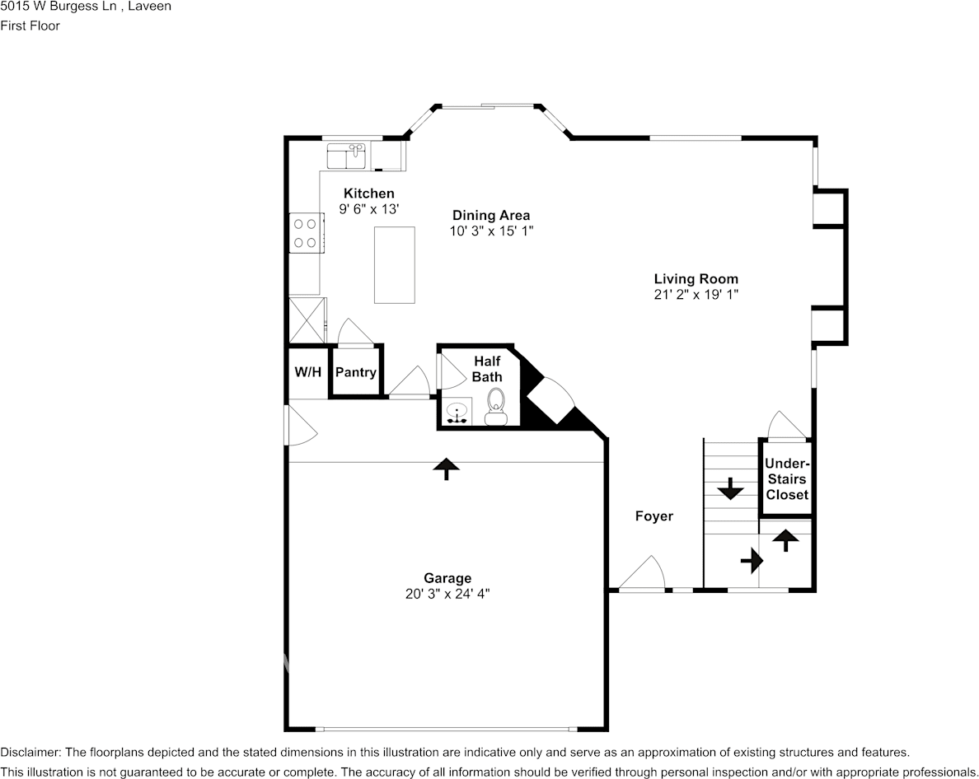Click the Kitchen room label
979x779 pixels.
368,194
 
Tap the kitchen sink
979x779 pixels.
346,155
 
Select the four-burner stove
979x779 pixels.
306,232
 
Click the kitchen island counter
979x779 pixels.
394,265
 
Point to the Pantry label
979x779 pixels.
356,372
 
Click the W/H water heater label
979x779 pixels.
307,372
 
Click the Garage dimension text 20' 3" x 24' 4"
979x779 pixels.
447,594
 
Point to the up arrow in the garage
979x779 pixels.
447,468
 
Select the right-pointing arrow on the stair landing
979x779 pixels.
752,561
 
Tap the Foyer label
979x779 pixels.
653,516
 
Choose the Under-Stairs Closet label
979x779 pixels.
787,479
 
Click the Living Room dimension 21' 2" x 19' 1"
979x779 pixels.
696,294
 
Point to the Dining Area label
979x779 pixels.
490,216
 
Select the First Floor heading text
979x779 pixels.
30,26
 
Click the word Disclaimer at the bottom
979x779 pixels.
30,752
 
